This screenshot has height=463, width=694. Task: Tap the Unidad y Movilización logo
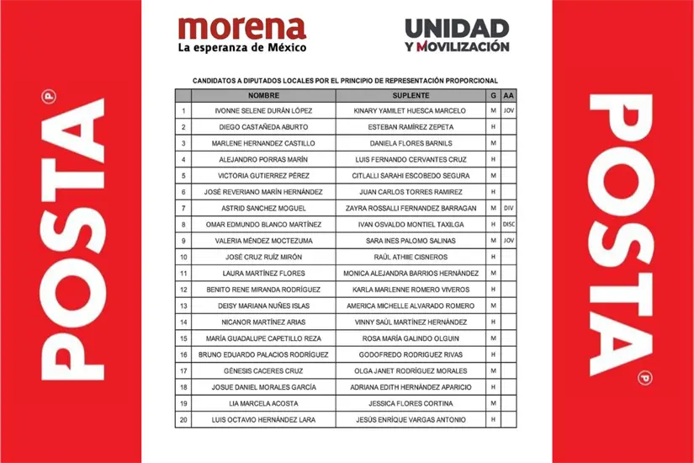pos(457,35)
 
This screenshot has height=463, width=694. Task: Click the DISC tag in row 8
pos(507,225)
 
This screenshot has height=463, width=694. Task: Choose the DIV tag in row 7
pos(507,208)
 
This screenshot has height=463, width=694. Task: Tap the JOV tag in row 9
pos(507,241)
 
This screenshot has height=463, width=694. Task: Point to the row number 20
pos(183,420)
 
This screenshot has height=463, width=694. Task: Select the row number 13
pos(183,306)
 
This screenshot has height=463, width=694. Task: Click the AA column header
pos(507,97)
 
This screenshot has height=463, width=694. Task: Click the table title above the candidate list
pos(346,81)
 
